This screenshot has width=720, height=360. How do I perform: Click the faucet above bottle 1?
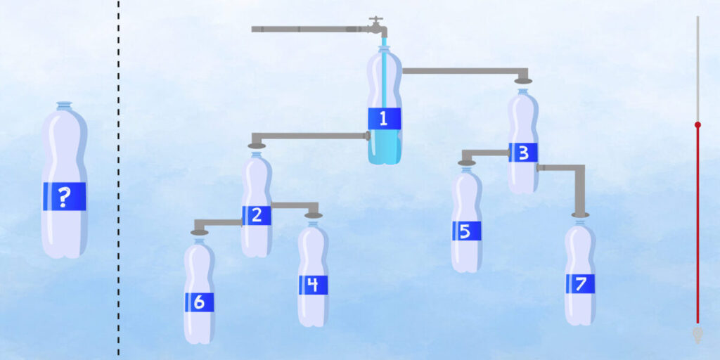pos(378,26)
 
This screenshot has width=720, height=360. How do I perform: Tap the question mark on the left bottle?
pos(64,197)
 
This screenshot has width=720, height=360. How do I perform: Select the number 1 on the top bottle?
pos(384,119)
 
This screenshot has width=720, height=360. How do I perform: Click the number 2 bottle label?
pos(257,215)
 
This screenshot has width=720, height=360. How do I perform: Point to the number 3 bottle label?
pos(523,153)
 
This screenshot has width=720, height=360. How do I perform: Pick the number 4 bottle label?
pos(313,285)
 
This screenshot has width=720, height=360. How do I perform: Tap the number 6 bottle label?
pos(199,302)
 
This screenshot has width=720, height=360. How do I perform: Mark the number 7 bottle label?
pos(580,284)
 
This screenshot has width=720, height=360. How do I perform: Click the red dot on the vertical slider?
pos(697,124)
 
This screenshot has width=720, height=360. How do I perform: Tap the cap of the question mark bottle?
pos(64,105)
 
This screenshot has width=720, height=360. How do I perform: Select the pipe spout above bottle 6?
pos(200,231)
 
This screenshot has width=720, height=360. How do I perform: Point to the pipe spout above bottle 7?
pos(580,214)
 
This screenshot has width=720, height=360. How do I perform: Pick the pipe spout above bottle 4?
pos(314,215)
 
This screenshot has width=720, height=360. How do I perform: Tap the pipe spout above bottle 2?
pos(257,145)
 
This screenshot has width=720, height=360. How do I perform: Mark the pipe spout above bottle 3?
pos(523,80)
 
